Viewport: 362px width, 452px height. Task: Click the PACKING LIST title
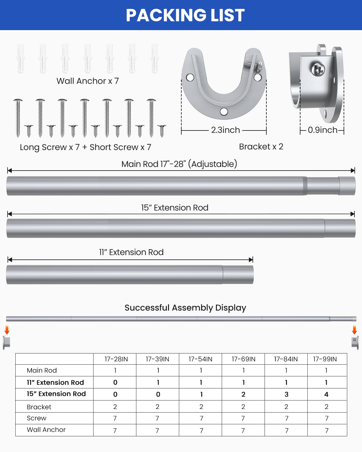pyautogui.click(x=185, y=15)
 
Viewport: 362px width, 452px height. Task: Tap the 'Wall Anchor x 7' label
pyautogui.click(x=88, y=81)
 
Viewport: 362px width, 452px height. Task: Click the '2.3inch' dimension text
pyautogui.click(x=225, y=130)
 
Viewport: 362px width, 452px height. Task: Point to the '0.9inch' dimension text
pyautogui.click(x=323, y=130)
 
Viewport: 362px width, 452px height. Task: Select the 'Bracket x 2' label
pyautogui.click(x=261, y=147)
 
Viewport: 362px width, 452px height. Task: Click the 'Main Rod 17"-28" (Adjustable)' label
pyautogui.click(x=179, y=164)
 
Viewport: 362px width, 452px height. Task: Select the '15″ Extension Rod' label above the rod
pyautogui.click(x=175, y=208)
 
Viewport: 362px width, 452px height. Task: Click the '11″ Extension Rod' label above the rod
pyautogui.click(x=131, y=252)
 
